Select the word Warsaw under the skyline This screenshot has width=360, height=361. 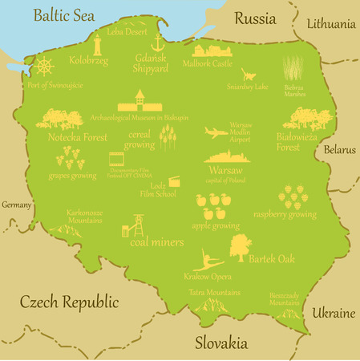225,170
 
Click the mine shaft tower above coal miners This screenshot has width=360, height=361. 137,224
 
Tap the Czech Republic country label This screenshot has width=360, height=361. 69,302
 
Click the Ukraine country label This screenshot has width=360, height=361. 333,311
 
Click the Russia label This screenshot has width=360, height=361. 254,18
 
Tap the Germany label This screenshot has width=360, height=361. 15,205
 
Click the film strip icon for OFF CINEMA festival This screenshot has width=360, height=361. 117,160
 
